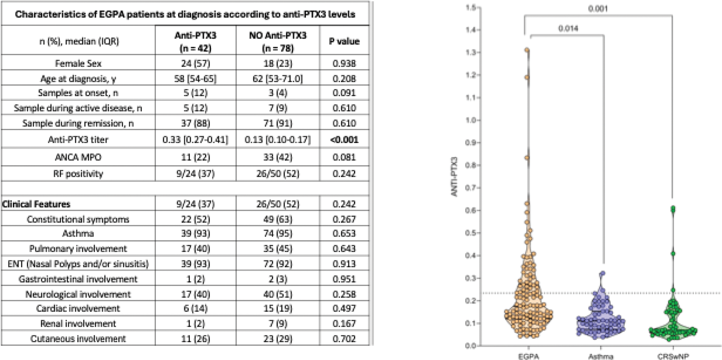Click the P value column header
tap(344, 41)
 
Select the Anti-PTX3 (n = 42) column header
tap(195, 41)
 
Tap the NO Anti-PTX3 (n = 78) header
tap(278, 41)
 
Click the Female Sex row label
tap(78, 63)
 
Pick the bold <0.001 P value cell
tap(344, 140)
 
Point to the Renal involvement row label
tap(78, 323)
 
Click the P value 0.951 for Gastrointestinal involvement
tap(344, 279)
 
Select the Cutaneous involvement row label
tap(78, 339)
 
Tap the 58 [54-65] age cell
tap(195, 79)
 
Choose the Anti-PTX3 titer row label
tap(78, 140)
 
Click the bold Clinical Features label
tap(36, 204)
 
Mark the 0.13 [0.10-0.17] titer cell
tap(278, 140)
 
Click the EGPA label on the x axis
tap(528, 356)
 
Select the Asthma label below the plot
tap(601, 356)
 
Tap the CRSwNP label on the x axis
tap(673, 356)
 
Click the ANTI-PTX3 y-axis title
tap(454, 177)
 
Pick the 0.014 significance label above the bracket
tap(568, 29)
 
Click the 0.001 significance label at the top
tap(598, 9)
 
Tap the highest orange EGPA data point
tap(527, 50)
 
